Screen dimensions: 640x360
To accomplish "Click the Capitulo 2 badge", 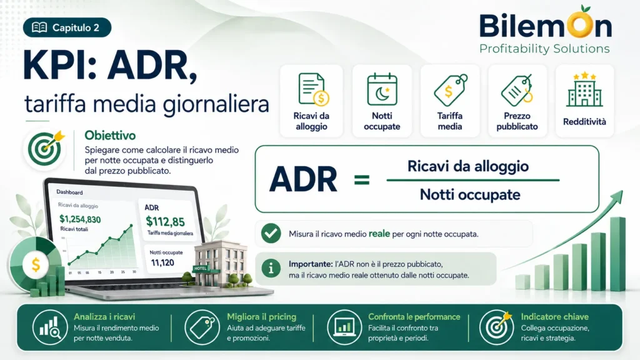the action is point(67,27).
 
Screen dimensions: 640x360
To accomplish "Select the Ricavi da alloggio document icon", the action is point(313,89).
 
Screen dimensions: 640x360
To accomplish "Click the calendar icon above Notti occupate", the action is point(382,89).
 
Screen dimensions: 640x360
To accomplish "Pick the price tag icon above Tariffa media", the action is point(451,90).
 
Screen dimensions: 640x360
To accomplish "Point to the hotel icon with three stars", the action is point(584,90).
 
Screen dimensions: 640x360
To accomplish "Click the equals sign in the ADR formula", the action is point(362,179).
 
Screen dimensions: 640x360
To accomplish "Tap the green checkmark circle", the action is point(271,234).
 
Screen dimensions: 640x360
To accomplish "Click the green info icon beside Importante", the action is point(271,269).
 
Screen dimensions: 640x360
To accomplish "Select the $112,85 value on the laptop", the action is point(165,222).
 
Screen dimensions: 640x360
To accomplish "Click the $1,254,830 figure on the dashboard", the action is point(80,219).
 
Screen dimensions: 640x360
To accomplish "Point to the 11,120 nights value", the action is point(162,262).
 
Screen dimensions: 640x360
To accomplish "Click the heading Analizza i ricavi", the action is point(104,317).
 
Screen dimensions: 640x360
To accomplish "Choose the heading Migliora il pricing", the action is point(262,317).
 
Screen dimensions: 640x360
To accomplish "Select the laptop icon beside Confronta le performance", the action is point(344,327).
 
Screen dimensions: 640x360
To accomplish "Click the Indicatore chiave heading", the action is point(555,317).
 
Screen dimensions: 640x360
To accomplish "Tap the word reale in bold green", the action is point(379,234).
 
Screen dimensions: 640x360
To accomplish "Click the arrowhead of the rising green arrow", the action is point(618,197).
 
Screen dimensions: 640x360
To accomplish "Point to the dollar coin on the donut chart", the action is point(36,264).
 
